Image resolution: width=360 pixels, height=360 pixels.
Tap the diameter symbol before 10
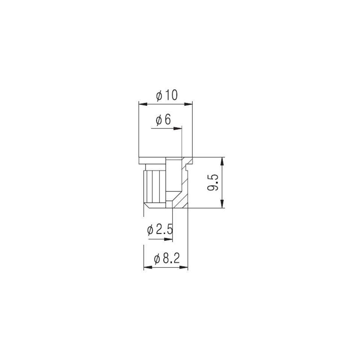[x=159, y=96]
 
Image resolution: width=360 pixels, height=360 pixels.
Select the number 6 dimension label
[x=168, y=120]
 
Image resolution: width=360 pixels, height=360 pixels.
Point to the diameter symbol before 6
[x=159, y=120]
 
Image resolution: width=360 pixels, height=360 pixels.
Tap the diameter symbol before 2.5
[x=150, y=230]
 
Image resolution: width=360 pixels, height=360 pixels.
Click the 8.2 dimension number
[x=171, y=259]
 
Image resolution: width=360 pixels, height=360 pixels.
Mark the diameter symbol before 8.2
[x=157, y=259]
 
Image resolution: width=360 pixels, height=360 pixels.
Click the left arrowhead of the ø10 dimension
[x=143, y=104]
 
